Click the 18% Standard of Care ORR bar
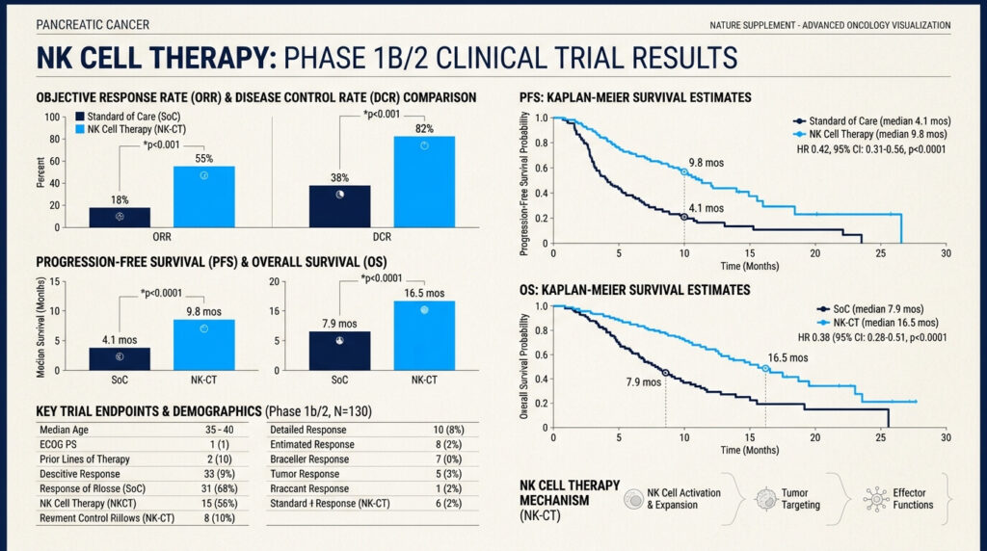120,217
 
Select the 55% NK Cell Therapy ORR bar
204,197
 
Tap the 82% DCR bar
424,182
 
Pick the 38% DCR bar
340,206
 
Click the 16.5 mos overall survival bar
424,336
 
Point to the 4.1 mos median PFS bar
120,359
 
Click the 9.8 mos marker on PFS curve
684,171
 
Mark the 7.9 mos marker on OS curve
666,373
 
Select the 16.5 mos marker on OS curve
765,369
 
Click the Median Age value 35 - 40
219,430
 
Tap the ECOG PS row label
58,444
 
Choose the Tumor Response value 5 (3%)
448,474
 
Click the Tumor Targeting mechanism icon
766,499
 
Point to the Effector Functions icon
876,499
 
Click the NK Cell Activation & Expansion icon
633,499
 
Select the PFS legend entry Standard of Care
871,120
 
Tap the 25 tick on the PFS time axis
881,253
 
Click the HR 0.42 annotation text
871,149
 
